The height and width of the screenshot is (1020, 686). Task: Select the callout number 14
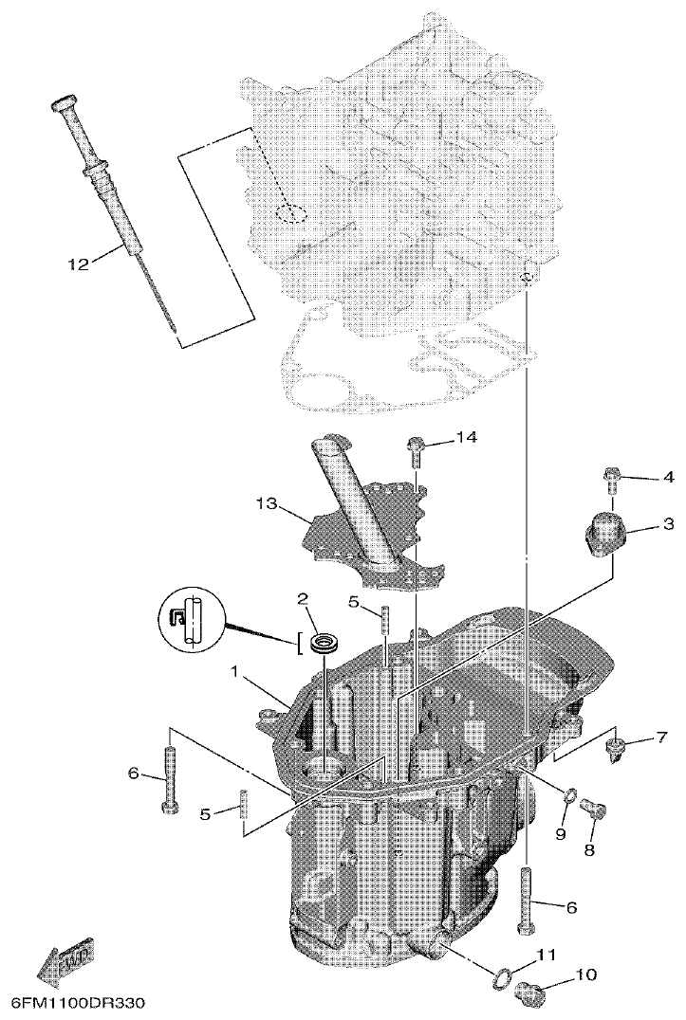[x=466, y=437]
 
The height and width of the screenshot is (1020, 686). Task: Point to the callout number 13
[x=269, y=505]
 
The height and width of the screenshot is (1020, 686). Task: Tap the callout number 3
[x=668, y=523]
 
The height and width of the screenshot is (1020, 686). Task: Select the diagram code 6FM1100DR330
[x=80, y=1002]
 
